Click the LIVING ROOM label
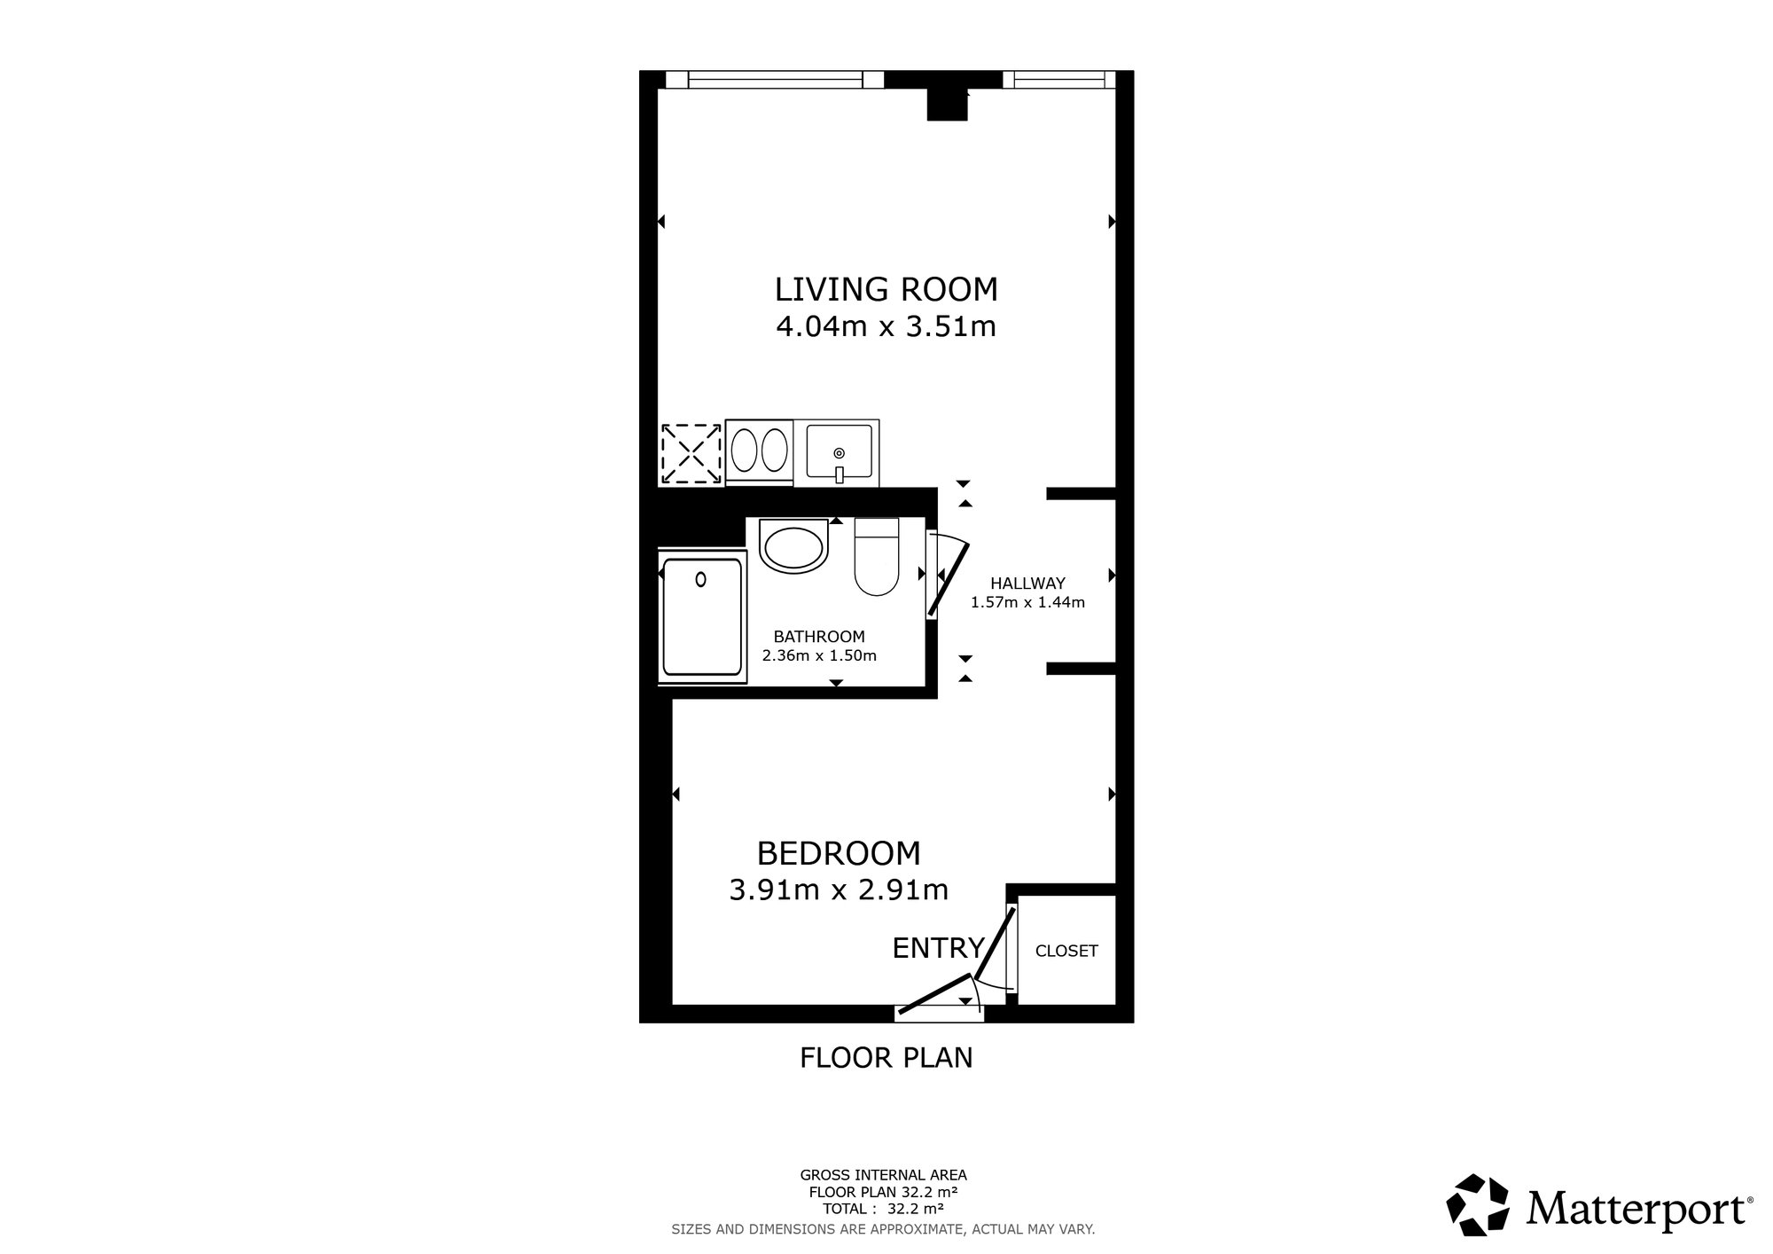[x=886, y=290]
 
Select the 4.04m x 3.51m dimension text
[x=886, y=327]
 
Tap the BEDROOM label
[x=839, y=853]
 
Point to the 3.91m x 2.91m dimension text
[x=839, y=890]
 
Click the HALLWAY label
[x=1027, y=584]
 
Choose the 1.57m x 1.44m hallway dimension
[x=1027, y=603]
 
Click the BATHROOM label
[x=819, y=637]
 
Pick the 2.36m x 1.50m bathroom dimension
[x=819, y=656]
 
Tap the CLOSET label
[x=1066, y=951]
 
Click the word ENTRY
[x=938, y=948]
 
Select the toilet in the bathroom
[x=877, y=556]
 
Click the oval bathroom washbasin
[x=793, y=547]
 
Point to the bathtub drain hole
[x=700, y=580]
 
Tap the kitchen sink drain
[x=839, y=453]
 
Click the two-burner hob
[x=759, y=451]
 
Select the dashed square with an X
[x=691, y=454]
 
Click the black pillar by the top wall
[x=947, y=105]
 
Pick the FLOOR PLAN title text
[x=886, y=1058]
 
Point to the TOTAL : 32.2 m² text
[x=883, y=1209]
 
